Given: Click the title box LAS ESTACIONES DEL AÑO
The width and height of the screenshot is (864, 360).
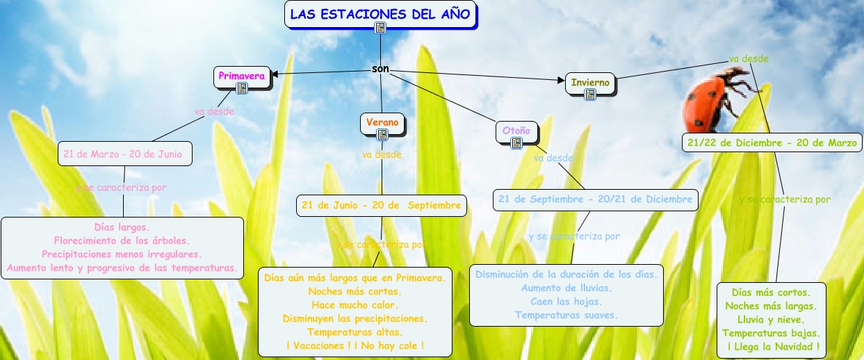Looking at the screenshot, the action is click(380, 14).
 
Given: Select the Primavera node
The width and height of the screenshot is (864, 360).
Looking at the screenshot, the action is click(241, 76).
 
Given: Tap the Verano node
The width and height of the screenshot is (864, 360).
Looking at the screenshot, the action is click(382, 122).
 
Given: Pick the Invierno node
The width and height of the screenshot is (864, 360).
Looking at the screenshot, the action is click(589, 83).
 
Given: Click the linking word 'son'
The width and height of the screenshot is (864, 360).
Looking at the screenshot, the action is click(380, 69).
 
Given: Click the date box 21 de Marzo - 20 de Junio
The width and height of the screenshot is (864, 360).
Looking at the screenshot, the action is click(124, 154).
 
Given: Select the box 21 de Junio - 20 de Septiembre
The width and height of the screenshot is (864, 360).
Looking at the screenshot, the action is click(380, 205).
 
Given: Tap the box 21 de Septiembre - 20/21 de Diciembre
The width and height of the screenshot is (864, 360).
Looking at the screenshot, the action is click(595, 199).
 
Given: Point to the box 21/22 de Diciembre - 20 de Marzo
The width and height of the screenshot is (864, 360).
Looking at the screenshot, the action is click(772, 142).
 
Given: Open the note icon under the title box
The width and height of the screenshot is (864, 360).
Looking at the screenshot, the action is click(380, 28).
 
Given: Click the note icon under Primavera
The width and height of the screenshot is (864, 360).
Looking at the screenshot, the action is click(241, 88).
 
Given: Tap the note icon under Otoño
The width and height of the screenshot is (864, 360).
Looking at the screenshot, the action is click(516, 143).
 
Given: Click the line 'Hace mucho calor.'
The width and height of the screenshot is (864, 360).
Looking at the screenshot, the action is click(354, 304).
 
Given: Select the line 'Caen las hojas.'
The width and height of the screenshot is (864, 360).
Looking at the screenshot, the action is click(566, 301).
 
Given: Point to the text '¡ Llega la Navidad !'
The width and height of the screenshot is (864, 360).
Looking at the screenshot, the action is click(772, 346).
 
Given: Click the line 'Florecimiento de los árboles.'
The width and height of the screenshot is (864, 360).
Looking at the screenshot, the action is click(122, 240).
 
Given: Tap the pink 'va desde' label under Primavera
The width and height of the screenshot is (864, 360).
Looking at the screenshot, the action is click(214, 111).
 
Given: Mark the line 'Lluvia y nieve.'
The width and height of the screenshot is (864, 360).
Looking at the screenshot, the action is click(772, 320).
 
